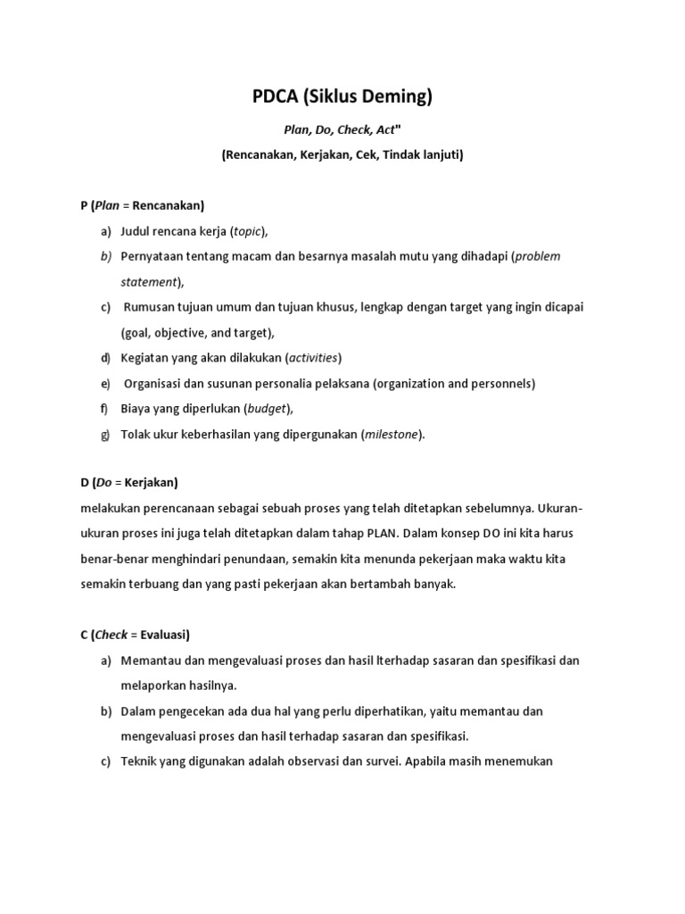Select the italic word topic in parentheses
click(x=247, y=231)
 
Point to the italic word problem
click(x=538, y=256)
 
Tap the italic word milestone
click(x=392, y=435)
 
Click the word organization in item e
click(x=409, y=384)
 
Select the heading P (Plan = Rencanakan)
click(x=143, y=205)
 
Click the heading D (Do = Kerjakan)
click(x=129, y=483)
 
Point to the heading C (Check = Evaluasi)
click(x=135, y=635)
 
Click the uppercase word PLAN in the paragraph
click(x=378, y=534)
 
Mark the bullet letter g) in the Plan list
click(x=105, y=435)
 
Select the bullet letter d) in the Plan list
click(x=105, y=358)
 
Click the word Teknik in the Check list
click(x=138, y=762)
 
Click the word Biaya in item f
click(x=136, y=409)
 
